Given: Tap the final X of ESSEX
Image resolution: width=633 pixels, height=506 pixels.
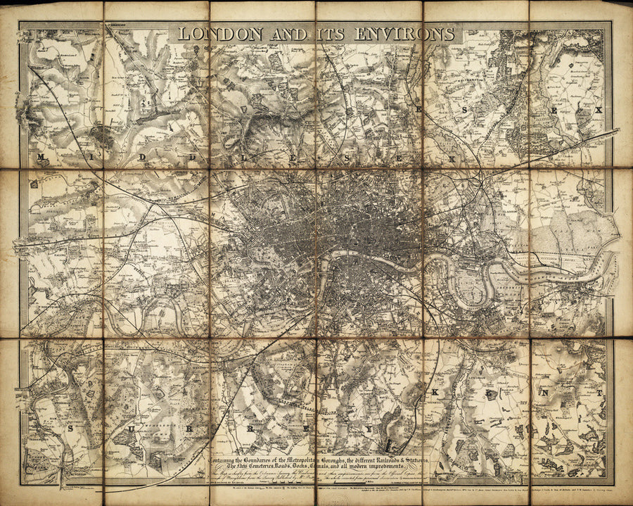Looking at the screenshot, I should (x=599, y=110).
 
